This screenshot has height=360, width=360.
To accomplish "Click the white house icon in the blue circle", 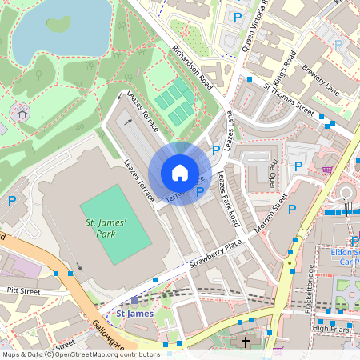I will (x=179, y=173).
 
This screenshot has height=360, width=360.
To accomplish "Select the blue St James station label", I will (x=134, y=314).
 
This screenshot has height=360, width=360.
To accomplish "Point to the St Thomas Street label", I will (x=289, y=96).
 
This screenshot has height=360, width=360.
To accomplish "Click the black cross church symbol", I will (x=246, y=342).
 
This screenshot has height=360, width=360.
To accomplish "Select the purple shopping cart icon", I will (x=327, y=170).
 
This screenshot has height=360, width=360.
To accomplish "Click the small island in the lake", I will (x=58, y=24).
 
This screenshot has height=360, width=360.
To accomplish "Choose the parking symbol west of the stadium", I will (x=11, y=200).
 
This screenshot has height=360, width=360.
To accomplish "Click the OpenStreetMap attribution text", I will (x=80, y=354).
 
